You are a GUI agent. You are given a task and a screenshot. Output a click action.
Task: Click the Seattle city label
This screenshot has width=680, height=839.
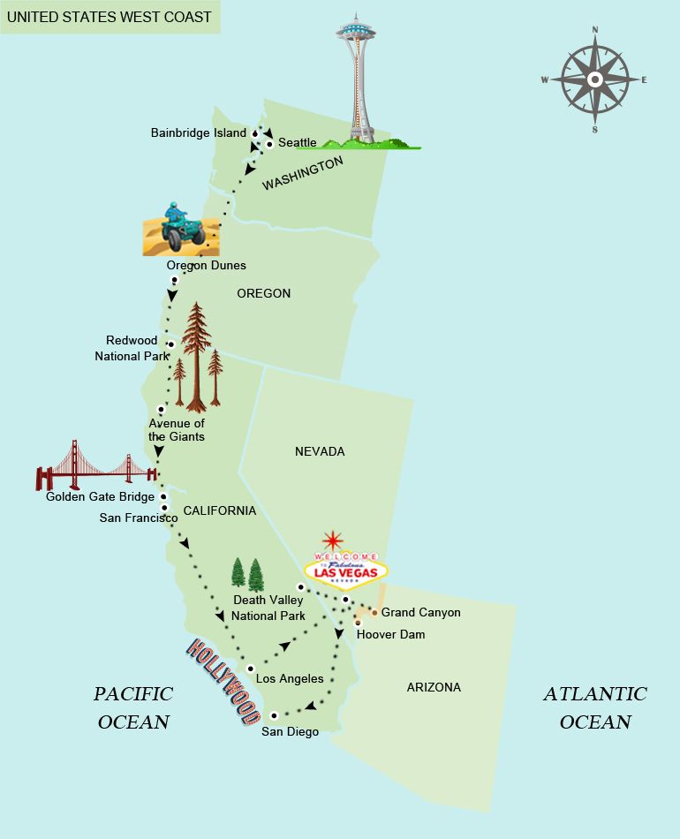pos(297,142)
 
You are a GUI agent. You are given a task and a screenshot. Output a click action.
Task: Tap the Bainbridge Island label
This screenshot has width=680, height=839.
pos(199,132)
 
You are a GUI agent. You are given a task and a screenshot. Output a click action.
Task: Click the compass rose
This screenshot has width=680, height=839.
pos(594,79)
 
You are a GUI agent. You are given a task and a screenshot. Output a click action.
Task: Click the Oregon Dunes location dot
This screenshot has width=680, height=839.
pos(175,280)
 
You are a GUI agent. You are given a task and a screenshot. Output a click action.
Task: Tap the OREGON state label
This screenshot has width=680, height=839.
pos(263,293)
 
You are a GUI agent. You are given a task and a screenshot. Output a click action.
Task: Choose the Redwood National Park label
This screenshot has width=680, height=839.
pos(132,348)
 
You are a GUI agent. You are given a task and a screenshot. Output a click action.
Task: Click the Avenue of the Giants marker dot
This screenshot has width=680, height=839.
pos(161,409)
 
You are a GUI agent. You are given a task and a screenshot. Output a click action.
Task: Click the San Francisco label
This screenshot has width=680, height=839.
pos(138,518)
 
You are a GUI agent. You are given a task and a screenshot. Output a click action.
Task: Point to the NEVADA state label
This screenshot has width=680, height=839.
pos(320,451)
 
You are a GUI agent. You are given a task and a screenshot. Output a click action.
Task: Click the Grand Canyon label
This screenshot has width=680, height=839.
pos(420,612)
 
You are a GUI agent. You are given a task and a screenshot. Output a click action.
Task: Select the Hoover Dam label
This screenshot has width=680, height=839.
pos(390,634)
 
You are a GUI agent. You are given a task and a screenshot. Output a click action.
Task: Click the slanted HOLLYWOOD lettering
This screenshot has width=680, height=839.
pos(224,683)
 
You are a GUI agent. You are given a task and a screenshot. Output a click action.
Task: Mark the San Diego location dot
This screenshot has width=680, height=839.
pos(274,715)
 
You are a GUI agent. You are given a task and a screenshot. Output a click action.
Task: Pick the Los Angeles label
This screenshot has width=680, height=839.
pos(290,678)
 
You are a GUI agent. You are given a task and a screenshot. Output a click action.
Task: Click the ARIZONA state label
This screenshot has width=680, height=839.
pos(434,687)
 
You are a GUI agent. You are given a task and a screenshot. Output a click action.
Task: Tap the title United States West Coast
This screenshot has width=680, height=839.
pos(110,17)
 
